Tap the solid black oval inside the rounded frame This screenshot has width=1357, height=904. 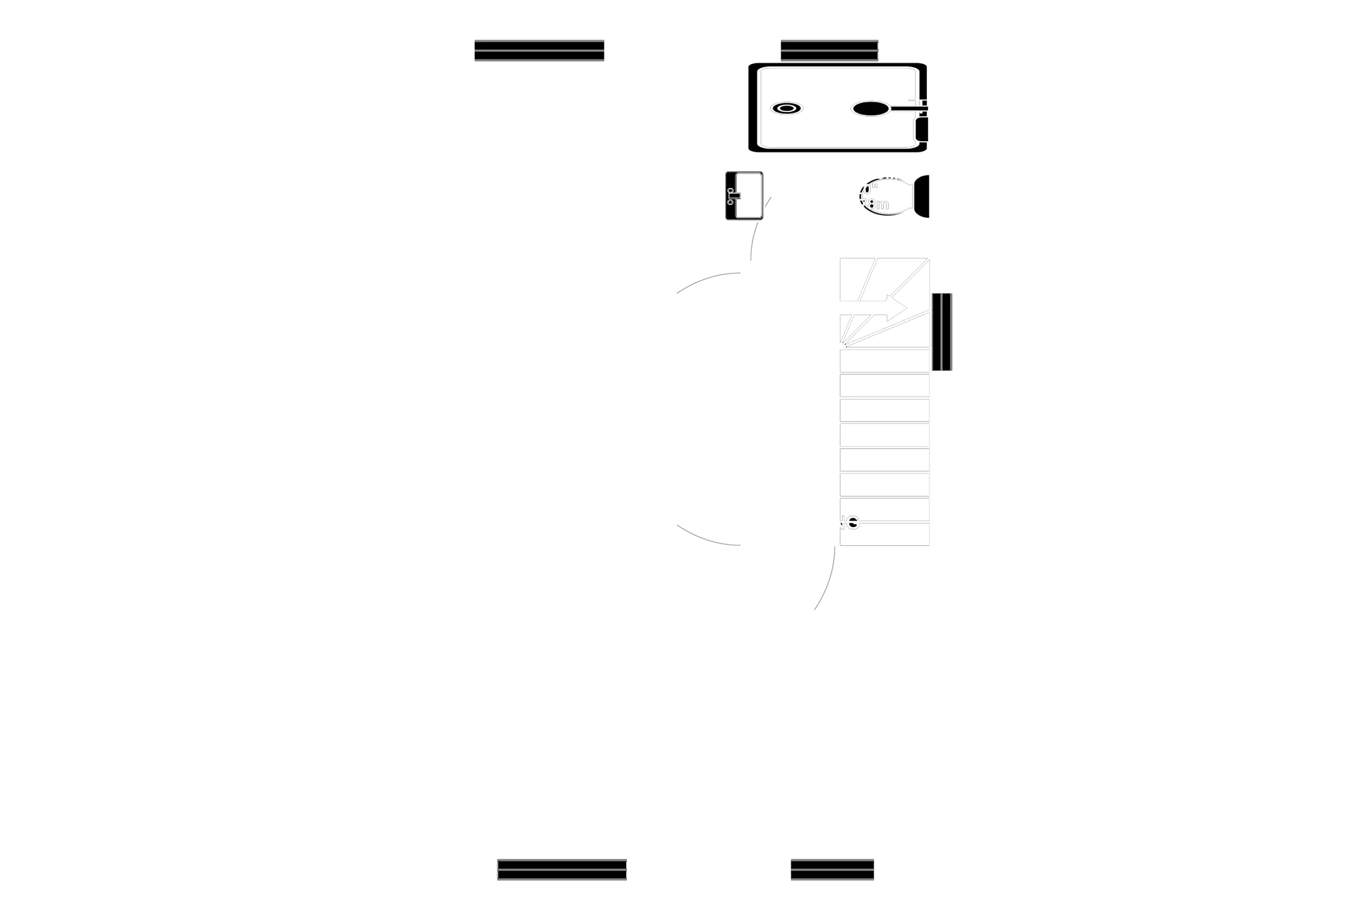[x=869, y=108]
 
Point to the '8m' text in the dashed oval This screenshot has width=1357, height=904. [x=878, y=204]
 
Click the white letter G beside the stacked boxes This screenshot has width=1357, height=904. [x=852, y=524]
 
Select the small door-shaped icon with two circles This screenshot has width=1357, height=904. [x=744, y=195]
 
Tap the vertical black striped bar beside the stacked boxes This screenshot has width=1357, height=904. [x=943, y=332]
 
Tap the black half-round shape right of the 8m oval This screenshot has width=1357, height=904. [x=922, y=196]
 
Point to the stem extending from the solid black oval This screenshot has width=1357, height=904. [x=907, y=105]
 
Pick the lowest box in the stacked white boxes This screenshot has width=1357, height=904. [x=885, y=535]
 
